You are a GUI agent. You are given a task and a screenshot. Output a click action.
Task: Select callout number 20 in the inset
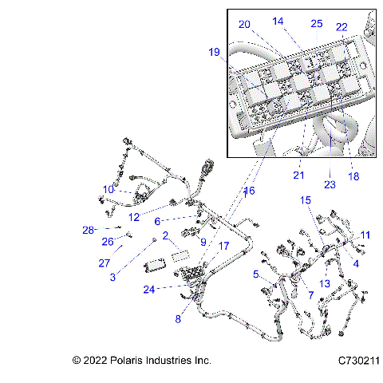pos(244,24)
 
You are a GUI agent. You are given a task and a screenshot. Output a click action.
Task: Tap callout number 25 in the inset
pos(317,24)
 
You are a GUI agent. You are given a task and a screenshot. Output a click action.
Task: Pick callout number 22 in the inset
pos(342,26)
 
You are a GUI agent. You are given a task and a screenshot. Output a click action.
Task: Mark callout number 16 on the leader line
pos(249,191)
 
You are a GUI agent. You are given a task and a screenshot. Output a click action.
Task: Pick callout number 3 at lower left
pos(113,277)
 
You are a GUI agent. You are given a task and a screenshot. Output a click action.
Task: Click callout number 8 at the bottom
pos(178,318)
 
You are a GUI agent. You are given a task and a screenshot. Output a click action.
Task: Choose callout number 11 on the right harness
pos(365,235)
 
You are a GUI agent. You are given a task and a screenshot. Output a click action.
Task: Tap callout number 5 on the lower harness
pos(256,274)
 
